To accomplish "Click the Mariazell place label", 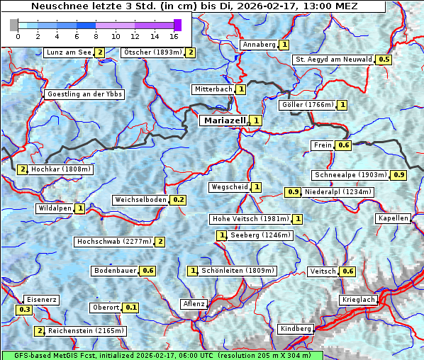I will (x=223, y=120).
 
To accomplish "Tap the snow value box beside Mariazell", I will (x=256, y=120).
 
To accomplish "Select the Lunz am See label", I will (x=68, y=52).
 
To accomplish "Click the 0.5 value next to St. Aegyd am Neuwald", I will (x=384, y=60).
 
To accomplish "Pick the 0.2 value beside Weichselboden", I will (x=178, y=200).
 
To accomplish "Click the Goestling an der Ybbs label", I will (x=84, y=94).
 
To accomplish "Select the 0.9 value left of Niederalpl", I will (x=293, y=192).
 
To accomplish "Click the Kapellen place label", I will (x=394, y=218).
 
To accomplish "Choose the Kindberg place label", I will (x=296, y=329).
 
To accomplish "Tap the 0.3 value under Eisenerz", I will (x=25, y=310).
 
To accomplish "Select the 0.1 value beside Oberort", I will (x=130, y=308).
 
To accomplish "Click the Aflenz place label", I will (x=194, y=304).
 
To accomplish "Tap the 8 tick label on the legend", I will (x=96, y=35).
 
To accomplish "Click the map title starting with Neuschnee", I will (x=194, y=6).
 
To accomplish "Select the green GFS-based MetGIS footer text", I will (x=162, y=355).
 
